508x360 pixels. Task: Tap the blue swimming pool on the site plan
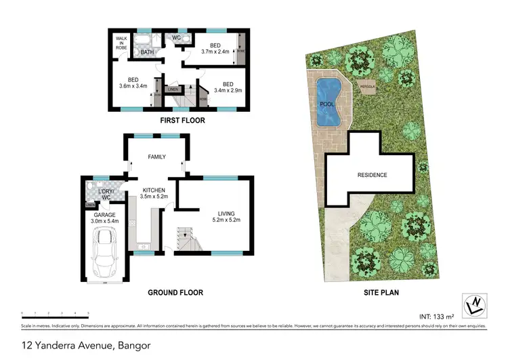[x=329, y=103]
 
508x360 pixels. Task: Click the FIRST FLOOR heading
[x=182, y=121]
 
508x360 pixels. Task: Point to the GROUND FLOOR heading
[x=175, y=293]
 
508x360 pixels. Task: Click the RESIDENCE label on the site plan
[x=372, y=176]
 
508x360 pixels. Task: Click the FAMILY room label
[x=157, y=157]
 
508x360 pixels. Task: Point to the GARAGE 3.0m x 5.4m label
[x=104, y=217]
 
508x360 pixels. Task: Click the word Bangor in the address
[x=133, y=346]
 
